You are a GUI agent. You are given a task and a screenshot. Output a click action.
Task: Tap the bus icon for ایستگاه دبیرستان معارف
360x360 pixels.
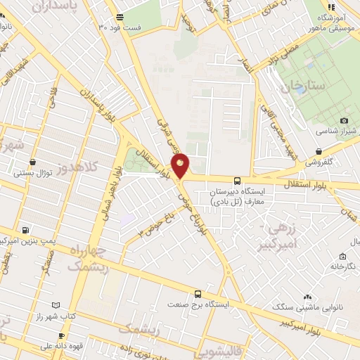coord(236,180)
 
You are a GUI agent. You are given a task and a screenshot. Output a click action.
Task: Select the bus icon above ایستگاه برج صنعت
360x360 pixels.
coord(198,294)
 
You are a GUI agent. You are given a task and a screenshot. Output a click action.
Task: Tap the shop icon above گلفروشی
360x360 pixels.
coord(319,150)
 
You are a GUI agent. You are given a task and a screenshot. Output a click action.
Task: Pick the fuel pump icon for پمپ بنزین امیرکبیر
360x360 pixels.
coord(26,229)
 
